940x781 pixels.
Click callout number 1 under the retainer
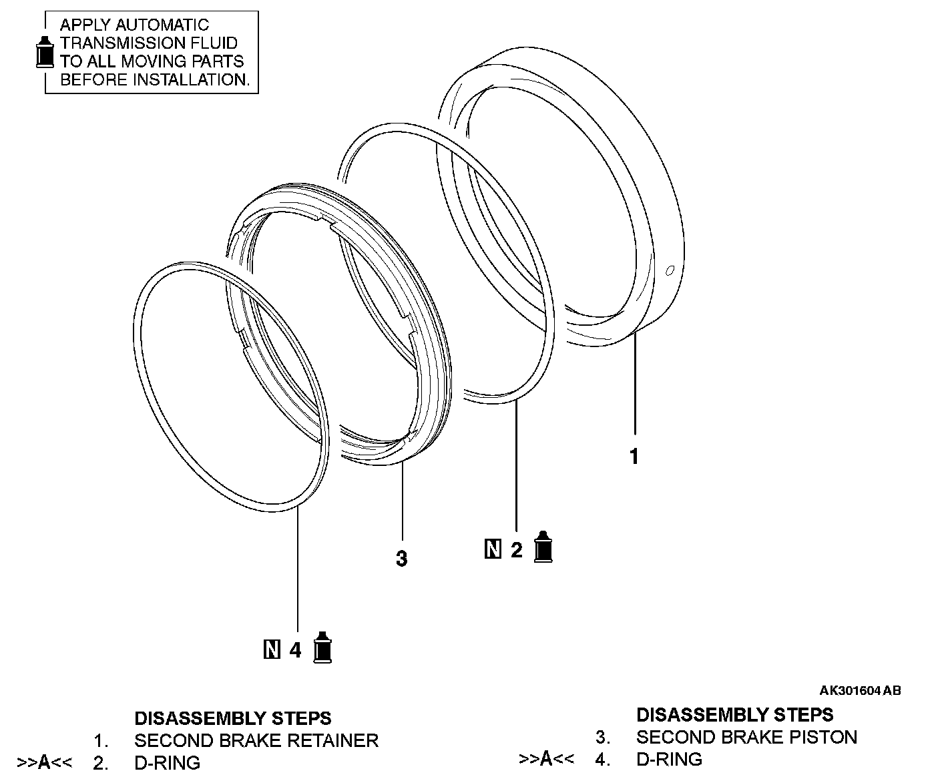tap(634, 457)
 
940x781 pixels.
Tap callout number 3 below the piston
tap(401, 558)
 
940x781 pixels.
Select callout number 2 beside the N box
tap(516, 551)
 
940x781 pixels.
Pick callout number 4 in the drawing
tap(296, 650)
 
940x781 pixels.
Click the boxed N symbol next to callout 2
tap(493, 550)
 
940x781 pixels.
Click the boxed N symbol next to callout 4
tap(272, 649)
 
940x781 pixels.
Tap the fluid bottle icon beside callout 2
tap(544, 547)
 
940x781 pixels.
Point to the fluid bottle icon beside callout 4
tap(323, 647)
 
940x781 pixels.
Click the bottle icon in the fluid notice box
tap(44, 51)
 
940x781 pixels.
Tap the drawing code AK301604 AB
tap(860, 691)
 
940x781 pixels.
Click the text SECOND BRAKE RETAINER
tap(256, 740)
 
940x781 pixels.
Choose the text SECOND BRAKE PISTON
tap(746, 737)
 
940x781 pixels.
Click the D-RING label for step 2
tap(167, 762)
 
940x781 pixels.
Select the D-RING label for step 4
tap(669, 759)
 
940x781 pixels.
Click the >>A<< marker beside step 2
tap(45, 762)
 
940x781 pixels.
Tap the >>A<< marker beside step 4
tap(546, 759)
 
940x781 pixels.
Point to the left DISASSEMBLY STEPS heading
tap(232, 718)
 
